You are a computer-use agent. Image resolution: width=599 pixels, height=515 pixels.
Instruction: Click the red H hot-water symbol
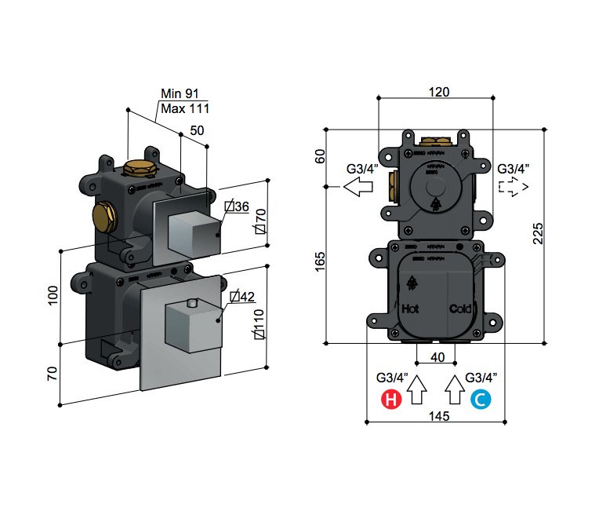click(x=390, y=400)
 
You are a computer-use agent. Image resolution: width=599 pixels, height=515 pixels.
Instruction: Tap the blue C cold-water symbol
click(x=481, y=400)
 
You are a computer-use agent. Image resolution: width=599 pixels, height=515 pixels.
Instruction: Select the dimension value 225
click(x=537, y=232)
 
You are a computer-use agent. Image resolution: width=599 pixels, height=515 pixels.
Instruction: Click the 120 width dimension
click(x=438, y=91)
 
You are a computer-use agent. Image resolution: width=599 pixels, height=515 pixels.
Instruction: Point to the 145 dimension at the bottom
click(x=439, y=415)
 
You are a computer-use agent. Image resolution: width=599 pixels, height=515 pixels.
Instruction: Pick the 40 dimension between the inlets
click(x=438, y=356)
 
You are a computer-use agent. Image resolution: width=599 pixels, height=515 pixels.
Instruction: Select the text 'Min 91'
click(x=180, y=93)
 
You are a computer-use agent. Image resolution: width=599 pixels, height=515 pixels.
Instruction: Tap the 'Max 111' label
click(x=184, y=108)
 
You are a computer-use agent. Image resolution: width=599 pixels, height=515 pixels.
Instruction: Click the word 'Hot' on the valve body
click(x=410, y=309)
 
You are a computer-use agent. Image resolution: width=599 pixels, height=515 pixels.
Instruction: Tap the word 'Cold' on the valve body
click(x=460, y=309)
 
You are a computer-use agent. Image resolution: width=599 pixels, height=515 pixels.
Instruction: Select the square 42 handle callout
click(x=244, y=297)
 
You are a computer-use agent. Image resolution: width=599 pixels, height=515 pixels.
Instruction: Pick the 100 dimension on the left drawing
click(x=53, y=294)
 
